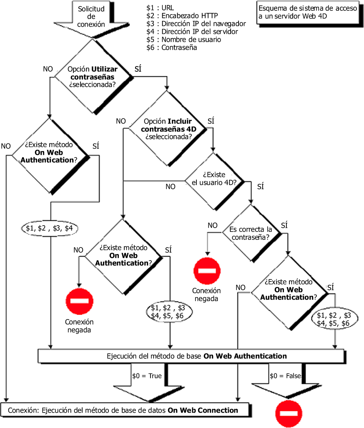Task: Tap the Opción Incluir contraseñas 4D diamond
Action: point(168,129)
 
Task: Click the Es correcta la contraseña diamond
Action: point(250,233)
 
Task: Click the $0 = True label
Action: point(146,376)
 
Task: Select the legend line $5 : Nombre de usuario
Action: point(183,40)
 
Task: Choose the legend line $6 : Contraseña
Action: point(171,48)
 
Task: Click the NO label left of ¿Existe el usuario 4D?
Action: point(171,186)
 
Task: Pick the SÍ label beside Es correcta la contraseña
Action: point(284,225)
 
